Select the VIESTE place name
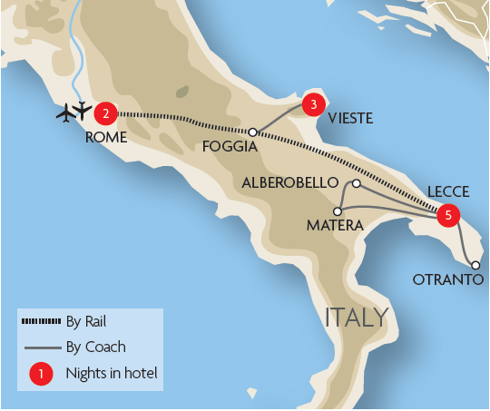tap(350, 117)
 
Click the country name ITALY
tap(358, 318)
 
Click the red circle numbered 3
tap(313, 104)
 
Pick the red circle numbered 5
tap(447, 216)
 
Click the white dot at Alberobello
tap(357, 184)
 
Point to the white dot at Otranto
tap(475, 265)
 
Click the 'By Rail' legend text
tap(87, 321)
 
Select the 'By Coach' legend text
tap(96, 346)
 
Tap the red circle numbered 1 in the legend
tap(39, 373)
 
